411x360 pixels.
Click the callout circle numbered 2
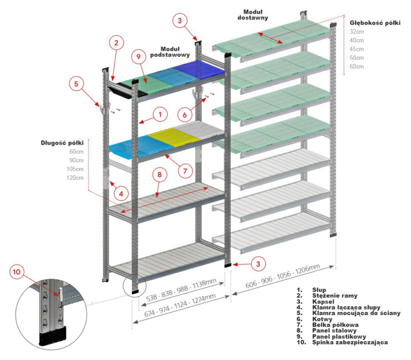(116, 42)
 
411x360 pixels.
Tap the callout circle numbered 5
(77, 83)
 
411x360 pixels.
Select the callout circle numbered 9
(138, 56)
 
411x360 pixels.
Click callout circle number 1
(159, 113)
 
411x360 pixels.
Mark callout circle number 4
(121, 193)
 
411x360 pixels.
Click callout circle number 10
(17, 272)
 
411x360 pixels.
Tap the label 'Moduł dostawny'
(253, 14)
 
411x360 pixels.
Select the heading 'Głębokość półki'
(375, 23)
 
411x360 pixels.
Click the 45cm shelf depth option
(357, 49)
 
